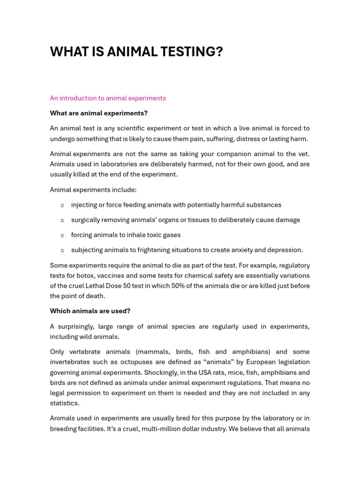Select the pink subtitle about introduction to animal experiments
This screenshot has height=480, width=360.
pos(108,98)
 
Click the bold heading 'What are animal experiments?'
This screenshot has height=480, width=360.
pos(98,113)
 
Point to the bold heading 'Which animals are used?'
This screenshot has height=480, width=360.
pos(90,311)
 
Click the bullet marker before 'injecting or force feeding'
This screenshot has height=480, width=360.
pos(62,205)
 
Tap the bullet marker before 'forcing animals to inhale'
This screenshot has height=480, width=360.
pos(62,235)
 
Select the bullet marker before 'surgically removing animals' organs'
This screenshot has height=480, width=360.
pos(62,220)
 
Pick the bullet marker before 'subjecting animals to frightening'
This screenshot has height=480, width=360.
pos(62,250)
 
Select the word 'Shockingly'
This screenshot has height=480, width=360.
pos(165,373)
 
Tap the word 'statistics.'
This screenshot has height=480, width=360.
pos(65,403)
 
